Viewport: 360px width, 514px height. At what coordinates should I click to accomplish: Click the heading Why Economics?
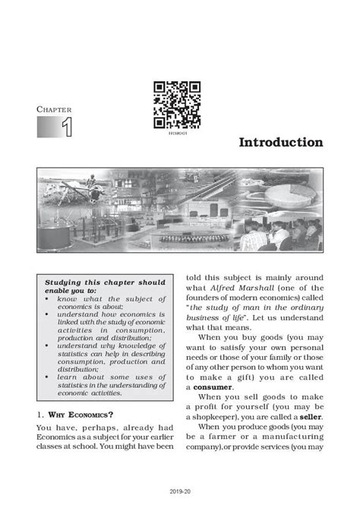coord(76,415)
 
